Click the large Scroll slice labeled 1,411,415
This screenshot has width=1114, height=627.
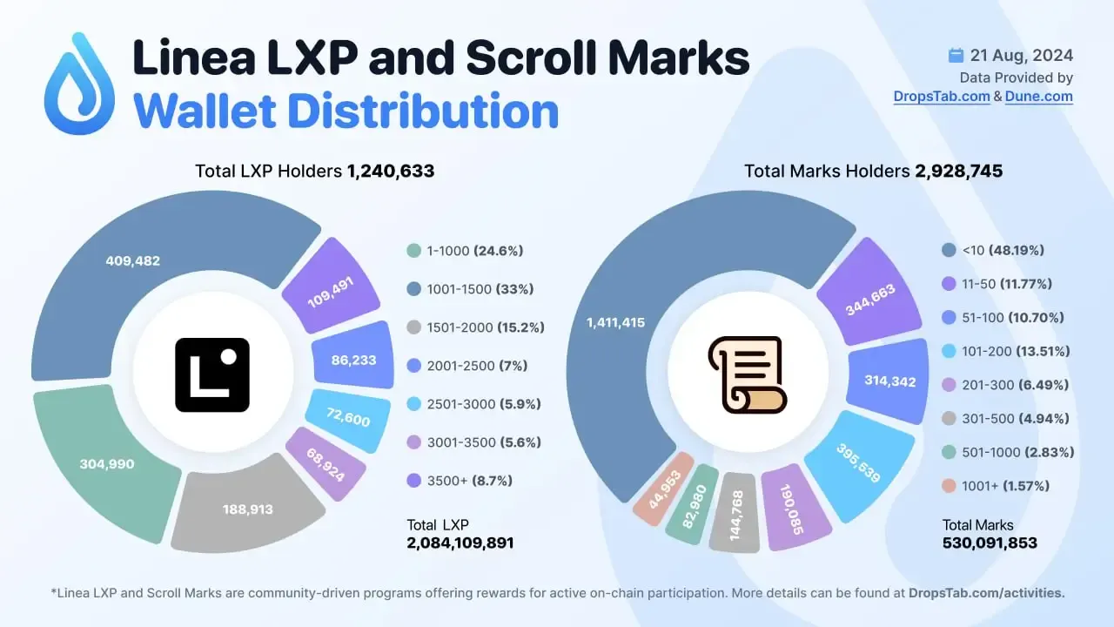(x=616, y=322)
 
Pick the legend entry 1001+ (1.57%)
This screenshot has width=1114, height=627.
(x=997, y=486)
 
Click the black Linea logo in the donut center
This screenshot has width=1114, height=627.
(x=212, y=375)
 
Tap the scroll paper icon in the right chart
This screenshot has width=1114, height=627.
(x=746, y=375)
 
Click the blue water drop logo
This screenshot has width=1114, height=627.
(x=79, y=84)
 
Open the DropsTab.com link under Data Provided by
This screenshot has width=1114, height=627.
(x=941, y=97)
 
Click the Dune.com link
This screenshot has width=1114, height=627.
(x=1038, y=97)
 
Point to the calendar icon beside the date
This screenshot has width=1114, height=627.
(x=956, y=56)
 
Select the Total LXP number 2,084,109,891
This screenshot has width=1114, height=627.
(x=460, y=543)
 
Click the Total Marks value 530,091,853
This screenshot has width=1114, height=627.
(x=990, y=543)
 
